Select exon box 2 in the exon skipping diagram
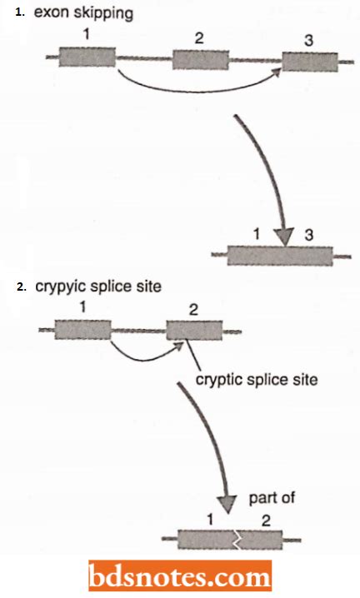point(200,60)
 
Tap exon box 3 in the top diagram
point(309,62)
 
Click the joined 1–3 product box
point(279,255)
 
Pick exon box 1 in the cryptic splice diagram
point(82,330)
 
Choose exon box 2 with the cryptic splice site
point(193,331)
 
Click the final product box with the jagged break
point(229,539)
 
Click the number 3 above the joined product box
point(308,235)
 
